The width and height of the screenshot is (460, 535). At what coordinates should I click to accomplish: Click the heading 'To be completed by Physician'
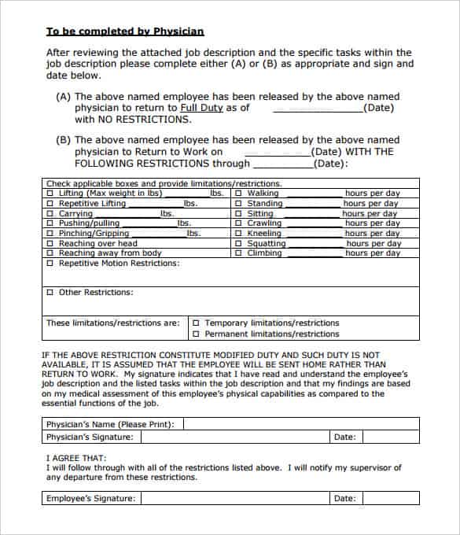point(125,31)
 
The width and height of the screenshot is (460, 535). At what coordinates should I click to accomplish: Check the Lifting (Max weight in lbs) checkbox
point(51,194)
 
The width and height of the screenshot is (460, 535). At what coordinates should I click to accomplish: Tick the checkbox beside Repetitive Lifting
point(51,204)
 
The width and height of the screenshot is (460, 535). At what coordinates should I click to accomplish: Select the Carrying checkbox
point(51,214)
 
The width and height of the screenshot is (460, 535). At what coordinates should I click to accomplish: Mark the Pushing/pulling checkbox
point(51,223)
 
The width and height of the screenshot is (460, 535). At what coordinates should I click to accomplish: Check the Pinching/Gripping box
point(51,234)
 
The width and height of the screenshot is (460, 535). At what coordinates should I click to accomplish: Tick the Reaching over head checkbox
point(51,244)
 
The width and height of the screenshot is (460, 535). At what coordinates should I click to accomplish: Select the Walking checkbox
point(239,194)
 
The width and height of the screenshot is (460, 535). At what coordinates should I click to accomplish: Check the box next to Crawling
point(239,223)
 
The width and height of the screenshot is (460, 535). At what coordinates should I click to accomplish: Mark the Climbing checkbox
point(239,253)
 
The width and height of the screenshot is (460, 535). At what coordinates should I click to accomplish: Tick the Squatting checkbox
point(239,244)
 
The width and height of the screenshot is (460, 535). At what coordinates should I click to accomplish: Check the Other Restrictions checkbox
point(51,293)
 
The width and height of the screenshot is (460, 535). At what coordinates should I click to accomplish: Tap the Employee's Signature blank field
point(235,498)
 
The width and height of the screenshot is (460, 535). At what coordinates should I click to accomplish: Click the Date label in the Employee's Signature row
point(344,498)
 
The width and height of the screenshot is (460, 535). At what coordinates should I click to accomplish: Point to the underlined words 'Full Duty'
point(201,108)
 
